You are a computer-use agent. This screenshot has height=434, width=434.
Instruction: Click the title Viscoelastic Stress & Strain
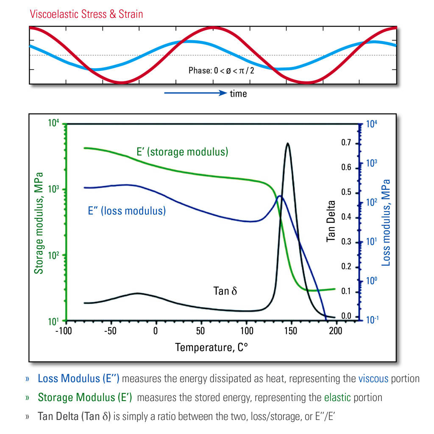pos(86,14)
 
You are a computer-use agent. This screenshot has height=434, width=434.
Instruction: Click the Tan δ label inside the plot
pos(225,291)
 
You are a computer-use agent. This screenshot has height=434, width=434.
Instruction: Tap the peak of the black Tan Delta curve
pos(288,143)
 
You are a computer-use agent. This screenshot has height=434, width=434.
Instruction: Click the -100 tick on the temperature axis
pos(64,331)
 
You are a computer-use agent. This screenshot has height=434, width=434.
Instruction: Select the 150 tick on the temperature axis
pos(291,331)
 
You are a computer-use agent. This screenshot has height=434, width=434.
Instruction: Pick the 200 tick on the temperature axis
pos(336,331)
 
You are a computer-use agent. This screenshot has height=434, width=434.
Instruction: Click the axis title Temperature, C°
pos(211,348)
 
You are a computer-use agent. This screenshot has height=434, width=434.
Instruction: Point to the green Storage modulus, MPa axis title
pos(39,223)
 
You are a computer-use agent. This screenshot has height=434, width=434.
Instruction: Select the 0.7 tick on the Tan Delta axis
pos(347,142)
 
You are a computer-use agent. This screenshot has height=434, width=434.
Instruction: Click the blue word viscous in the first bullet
pos(373,378)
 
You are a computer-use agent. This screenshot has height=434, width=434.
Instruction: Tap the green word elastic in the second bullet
pos(337,398)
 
